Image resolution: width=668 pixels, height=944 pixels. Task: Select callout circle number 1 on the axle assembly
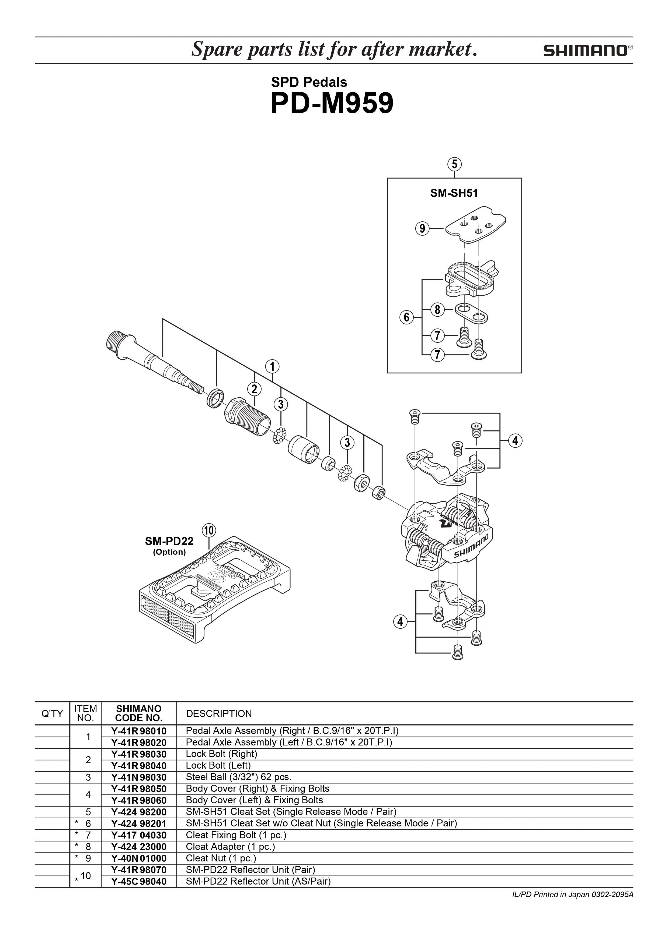click(x=272, y=366)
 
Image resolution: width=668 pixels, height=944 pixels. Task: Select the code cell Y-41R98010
click(x=139, y=731)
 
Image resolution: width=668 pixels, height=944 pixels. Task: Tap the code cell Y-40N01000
click(x=139, y=858)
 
